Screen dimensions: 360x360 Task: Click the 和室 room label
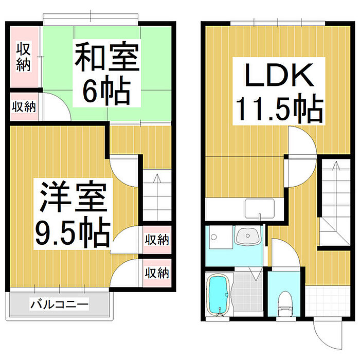(x=107, y=58)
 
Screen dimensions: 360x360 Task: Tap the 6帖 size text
(x=107, y=92)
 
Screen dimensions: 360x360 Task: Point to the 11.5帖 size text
(x=279, y=109)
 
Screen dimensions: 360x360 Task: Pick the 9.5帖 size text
(x=72, y=232)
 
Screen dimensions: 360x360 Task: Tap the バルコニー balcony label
(x=59, y=304)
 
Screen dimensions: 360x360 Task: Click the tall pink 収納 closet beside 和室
(x=24, y=57)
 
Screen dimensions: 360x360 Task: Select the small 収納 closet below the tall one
(x=24, y=107)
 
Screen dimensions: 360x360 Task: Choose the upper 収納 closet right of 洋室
(x=156, y=240)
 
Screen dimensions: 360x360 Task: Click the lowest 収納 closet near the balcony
(x=156, y=273)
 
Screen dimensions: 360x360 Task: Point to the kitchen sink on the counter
(x=260, y=209)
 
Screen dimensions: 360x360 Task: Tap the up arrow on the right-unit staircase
(x=335, y=167)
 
